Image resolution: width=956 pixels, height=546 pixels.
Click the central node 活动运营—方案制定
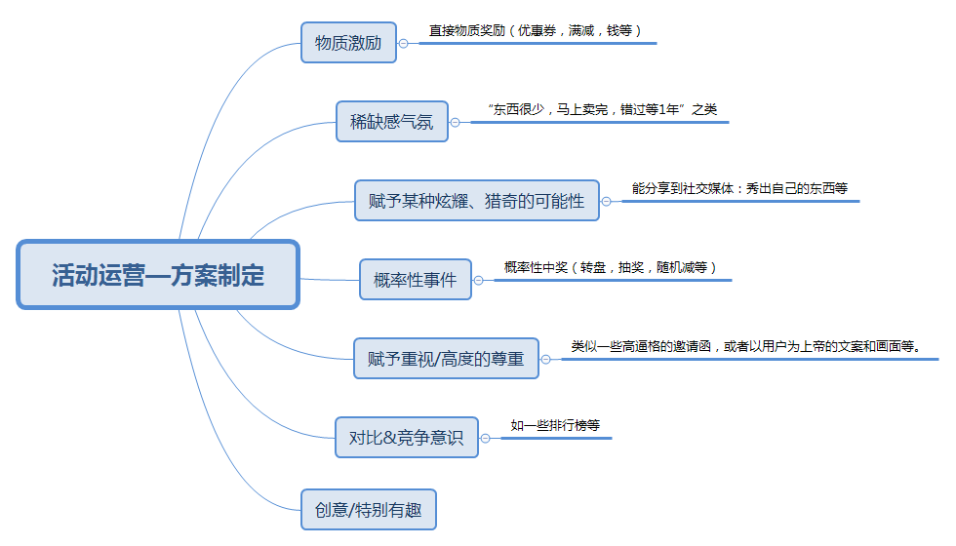[158, 275]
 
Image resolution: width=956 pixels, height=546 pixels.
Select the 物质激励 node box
[348, 43]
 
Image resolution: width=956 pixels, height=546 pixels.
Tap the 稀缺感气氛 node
[392, 122]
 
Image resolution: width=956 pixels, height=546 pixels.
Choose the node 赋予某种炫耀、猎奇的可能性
[476, 201]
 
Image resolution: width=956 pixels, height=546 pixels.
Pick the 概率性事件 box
[415, 280]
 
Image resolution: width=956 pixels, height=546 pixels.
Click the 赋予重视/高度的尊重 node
[445, 359]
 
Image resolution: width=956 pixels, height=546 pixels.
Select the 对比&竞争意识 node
[406, 437]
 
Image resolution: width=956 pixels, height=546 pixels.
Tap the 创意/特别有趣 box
[368, 509]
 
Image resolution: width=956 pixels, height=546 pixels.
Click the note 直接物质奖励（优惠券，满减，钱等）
[536, 31]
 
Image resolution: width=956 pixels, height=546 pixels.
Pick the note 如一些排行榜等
[555, 426]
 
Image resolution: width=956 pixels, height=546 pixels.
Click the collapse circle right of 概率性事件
[478, 280]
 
